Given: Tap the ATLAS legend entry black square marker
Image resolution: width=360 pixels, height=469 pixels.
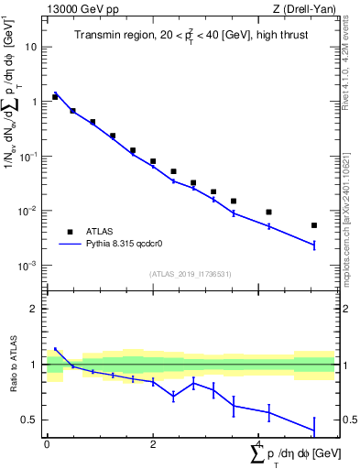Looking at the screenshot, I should pyautogui.click(x=70, y=232).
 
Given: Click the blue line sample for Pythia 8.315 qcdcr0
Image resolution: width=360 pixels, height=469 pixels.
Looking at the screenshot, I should pyautogui.click(x=70, y=245).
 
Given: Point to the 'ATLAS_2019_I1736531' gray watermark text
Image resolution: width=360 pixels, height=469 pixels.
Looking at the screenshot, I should pyautogui.click(x=190, y=274).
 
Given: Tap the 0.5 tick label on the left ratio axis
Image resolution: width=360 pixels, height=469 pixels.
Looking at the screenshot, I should pyautogui.click(x=30, y=420).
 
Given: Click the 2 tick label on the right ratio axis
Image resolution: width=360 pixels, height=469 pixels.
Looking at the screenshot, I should pyautogui.click(x=345, y=309).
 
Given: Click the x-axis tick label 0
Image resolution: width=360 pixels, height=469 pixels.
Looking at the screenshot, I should pyautogui.click(x=47, y=444).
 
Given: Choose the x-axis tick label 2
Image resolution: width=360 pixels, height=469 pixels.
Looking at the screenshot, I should pyautogui.click(x=153, y=444).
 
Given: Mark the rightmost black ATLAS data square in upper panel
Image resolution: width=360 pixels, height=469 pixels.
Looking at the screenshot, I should pyautogui.click(x=314, y=225).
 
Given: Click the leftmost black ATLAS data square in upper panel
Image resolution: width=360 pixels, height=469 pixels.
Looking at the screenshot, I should pyautogui.click(x=55, y=96).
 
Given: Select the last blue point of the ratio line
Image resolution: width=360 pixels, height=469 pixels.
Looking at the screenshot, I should pyautogui.click(x=314, y=431).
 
